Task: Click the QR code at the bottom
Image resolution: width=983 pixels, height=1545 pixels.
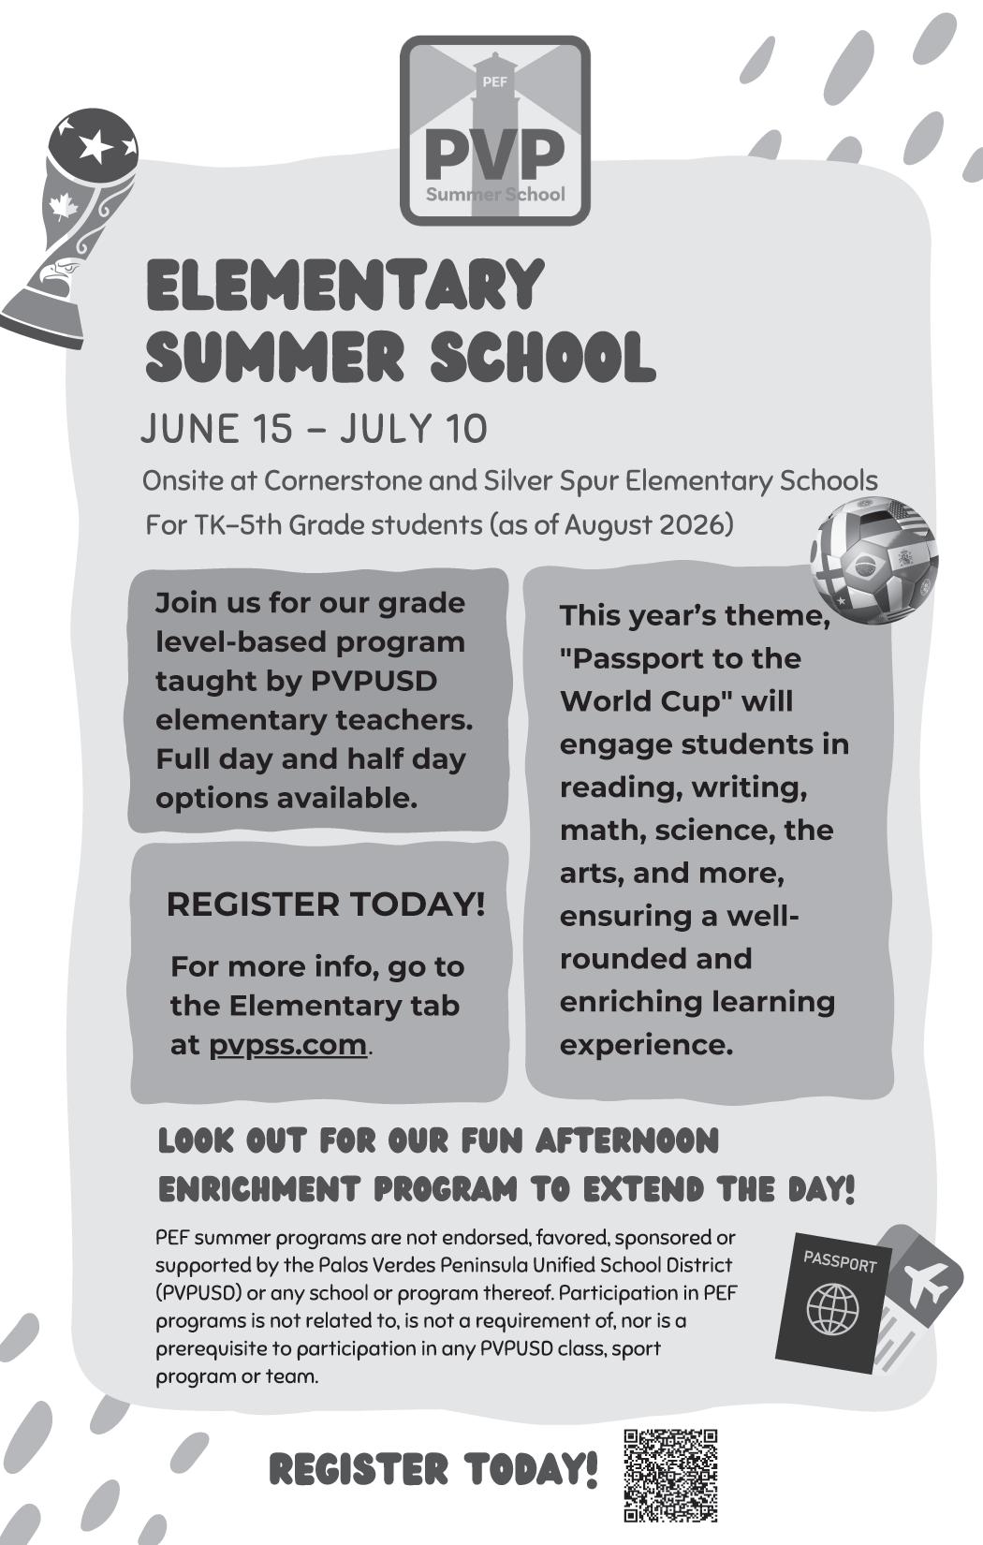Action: pyautogui.click(x=670, y=1475)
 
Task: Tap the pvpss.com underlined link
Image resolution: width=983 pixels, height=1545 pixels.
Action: pyautogui.click(x=287, y=1044)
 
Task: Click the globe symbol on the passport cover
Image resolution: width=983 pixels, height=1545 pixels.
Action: pyautogui.click(x=832, y=1308)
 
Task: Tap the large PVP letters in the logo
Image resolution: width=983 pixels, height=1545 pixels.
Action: pyautogui.click(x=494, y=154)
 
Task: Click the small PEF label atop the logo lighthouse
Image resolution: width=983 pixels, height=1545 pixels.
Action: pyautogui.click(x=494, y=81)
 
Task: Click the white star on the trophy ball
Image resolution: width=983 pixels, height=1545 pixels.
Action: pyautogui.click(x=95, y=144)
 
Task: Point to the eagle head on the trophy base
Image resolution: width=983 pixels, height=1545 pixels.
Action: pyautogui.click(x=55, y=275)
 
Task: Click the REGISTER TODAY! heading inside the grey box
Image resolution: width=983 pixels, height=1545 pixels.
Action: pyautogui.click(x=325, y=905)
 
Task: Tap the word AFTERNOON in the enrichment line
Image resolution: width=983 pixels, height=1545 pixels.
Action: pyautogui.click(x=627, y=1140)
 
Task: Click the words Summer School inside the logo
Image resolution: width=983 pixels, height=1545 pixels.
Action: pyautogui.click(x=495, y=195)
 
